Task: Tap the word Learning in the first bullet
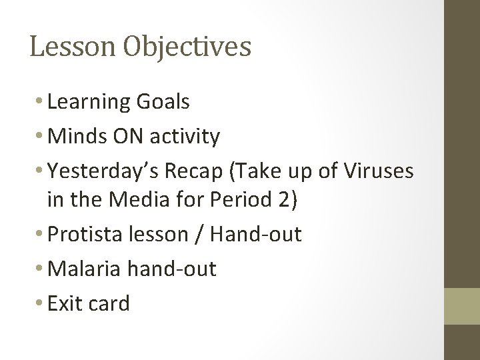[90, 103]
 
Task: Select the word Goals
[163, 102]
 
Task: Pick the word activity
[187, 137]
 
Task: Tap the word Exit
[64, 304]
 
